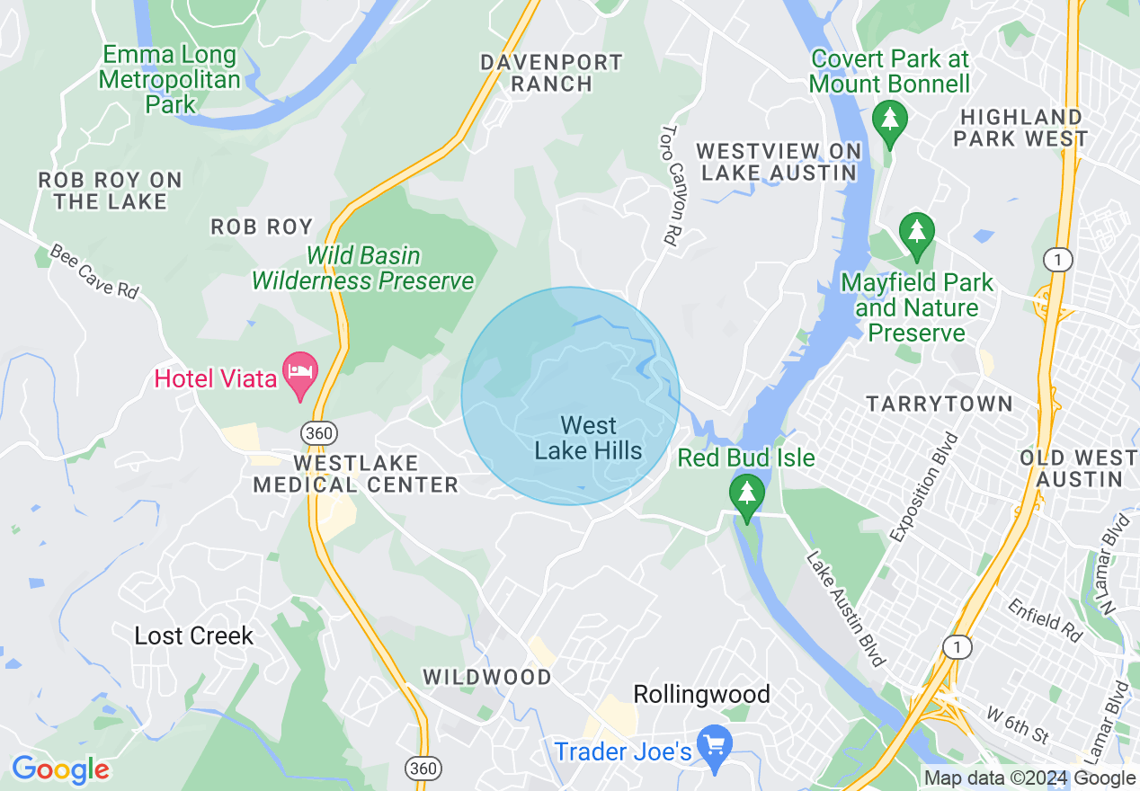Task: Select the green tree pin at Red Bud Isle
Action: point(746,495)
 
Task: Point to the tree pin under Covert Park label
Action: point(890,121)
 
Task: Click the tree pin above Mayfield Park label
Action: point(917,234)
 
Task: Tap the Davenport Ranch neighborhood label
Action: point(551,73)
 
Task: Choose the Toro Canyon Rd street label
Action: point(669,184)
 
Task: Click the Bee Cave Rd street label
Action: point(94,271)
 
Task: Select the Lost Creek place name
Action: point(194,635)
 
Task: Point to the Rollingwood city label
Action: point(701,694)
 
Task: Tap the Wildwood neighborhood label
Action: point(487,677)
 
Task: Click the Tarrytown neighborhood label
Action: point(940,404)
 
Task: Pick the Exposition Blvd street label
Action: point(925,487)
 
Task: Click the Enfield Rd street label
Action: point(1045,620)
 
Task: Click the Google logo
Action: point(59,769)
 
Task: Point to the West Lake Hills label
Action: point(589,438)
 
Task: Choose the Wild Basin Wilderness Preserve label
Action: point(362,268)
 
